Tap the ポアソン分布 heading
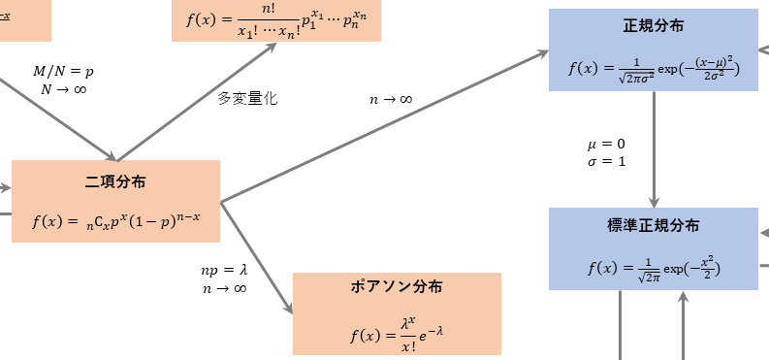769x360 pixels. pos(397,288)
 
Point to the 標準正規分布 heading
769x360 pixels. pos(653,225)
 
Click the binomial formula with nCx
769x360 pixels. pos(115,220)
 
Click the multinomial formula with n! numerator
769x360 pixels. pos(276,20)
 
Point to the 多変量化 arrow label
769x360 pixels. pos(247,98)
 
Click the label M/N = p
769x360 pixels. pos(63,71)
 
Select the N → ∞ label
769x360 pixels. pos(63,88)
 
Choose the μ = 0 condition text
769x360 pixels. pos(606,144)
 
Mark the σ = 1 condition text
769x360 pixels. pos(606,161)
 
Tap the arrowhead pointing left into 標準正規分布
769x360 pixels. pos(763,234)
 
